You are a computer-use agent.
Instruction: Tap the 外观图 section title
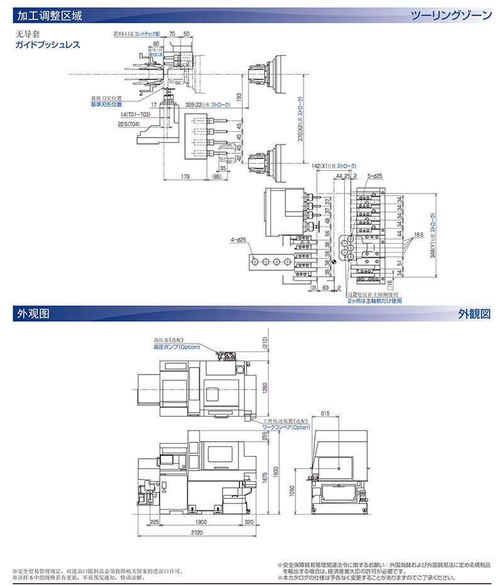click(33, 313)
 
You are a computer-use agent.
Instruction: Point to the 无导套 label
click(27, 35)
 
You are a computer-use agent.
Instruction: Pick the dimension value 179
click(185, 178)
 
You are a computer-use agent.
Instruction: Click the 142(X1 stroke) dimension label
click(338, 165)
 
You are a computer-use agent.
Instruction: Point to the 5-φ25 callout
click(375, 176)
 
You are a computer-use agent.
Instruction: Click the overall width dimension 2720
click(196, 532)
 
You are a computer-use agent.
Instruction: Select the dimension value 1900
click(201, 522)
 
